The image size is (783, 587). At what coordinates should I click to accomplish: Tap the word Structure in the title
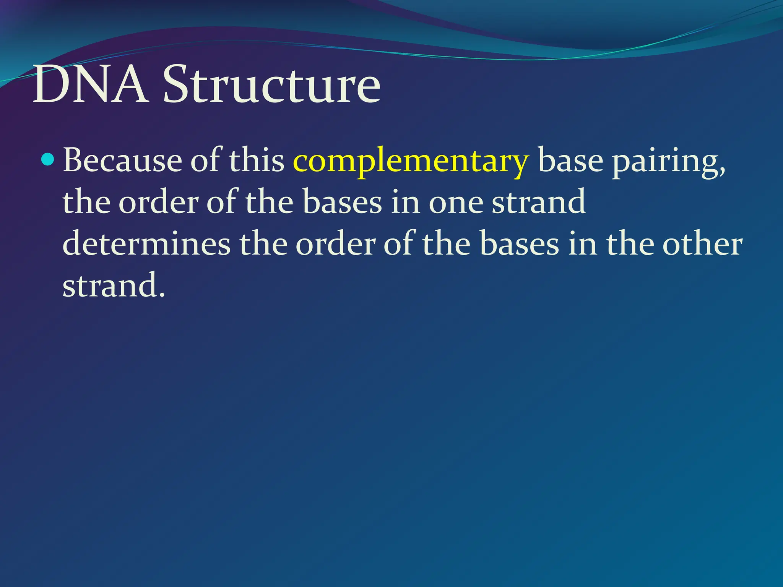271,85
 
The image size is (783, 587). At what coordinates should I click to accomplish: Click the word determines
146,244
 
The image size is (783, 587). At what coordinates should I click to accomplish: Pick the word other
703,244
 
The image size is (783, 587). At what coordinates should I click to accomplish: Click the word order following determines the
336,244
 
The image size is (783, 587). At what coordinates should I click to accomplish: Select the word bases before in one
342,202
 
